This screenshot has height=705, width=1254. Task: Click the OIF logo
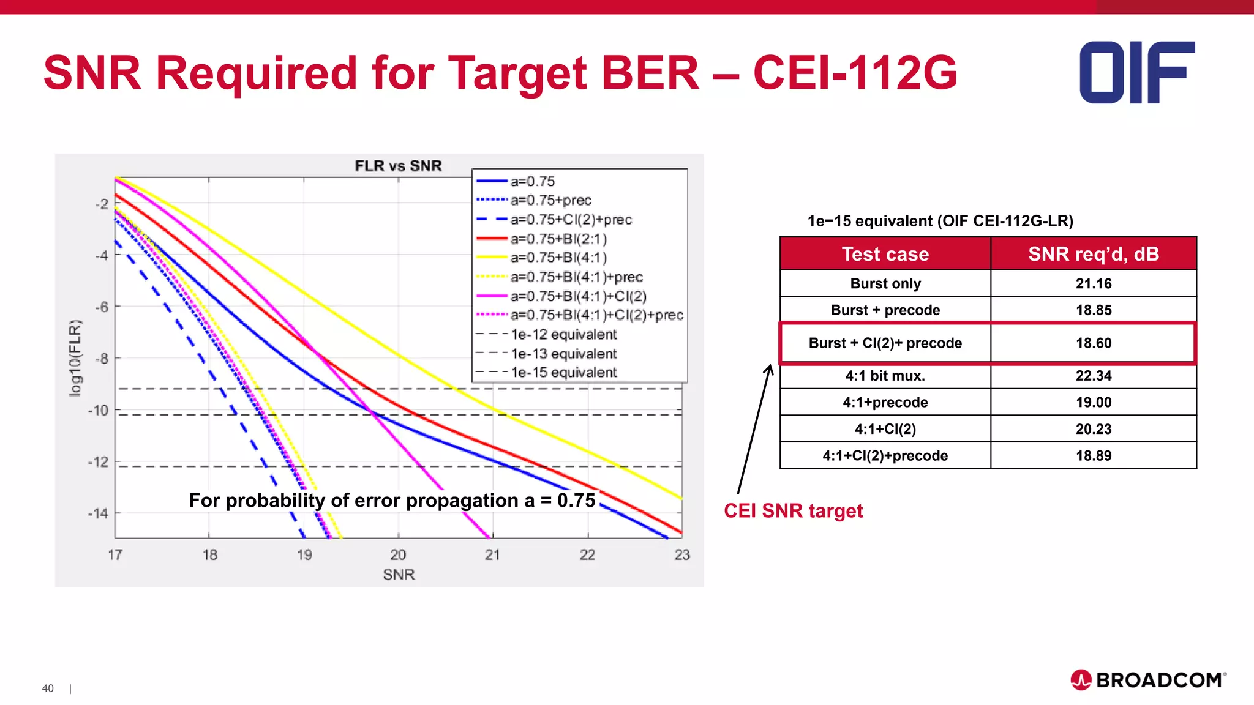[1137, 72]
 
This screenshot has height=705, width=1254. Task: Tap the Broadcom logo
[1149, 680]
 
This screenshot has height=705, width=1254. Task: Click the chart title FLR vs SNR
[398, 166]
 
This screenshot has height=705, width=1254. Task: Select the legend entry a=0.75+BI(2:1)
[558, 239]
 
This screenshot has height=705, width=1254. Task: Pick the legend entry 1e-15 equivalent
[563, 372]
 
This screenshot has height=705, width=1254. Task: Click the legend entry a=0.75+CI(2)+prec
[571, 219]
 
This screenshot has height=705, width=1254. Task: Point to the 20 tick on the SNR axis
[398, 554]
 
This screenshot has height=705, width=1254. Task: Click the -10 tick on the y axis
[98, 410]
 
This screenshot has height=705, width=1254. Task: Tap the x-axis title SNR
[399, 575]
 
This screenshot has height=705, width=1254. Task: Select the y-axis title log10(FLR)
[75, 358]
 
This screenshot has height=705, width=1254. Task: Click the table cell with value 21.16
[1094, 283]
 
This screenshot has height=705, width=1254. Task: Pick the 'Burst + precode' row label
[885, 310]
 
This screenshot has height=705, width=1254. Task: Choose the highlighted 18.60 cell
[1094, 343]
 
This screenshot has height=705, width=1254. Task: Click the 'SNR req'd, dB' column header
[1094, 254]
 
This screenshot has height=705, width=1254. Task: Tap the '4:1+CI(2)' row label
[885, 429]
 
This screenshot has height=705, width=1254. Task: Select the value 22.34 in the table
[1094, 376]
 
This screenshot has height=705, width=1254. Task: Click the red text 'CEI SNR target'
[793, 510]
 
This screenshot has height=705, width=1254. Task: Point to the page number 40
[48, 688]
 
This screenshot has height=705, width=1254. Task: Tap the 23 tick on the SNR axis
[682, 554]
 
